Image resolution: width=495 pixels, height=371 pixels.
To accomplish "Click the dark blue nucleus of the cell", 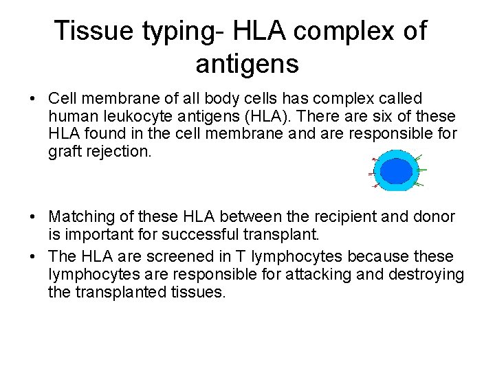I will (395, 171).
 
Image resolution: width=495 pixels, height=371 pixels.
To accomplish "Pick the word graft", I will (65, 150).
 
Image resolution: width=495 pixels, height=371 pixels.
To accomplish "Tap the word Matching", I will (81, 217).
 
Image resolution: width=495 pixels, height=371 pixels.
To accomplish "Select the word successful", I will (221, 234).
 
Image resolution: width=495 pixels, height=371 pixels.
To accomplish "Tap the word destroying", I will (428, 273).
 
